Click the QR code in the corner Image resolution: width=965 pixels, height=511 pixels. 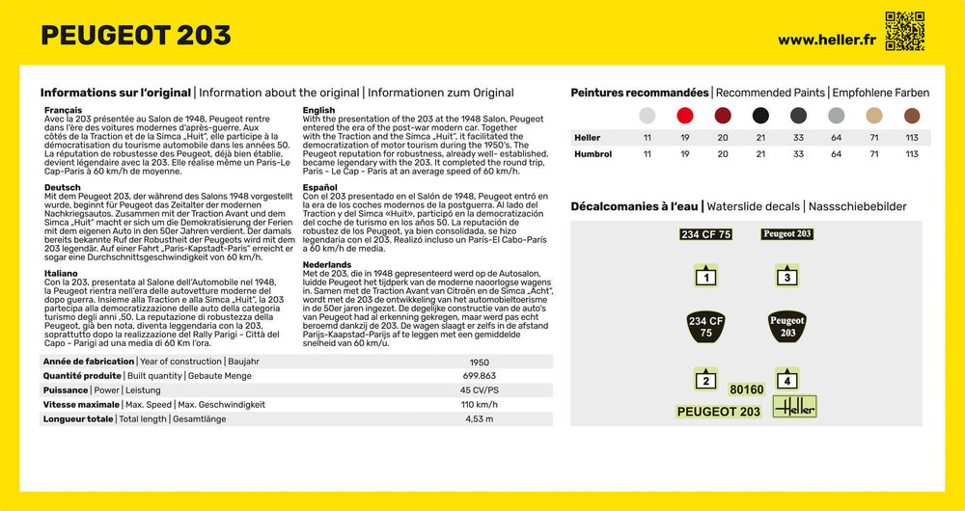(905, 31)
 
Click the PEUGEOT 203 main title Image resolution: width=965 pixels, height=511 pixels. (136, 36)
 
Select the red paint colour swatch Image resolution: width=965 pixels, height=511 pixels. (685, 116)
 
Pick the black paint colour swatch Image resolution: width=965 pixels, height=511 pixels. (760, 116)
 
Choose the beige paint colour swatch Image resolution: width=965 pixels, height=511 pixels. (874, 116)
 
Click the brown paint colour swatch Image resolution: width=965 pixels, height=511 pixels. (912, 116)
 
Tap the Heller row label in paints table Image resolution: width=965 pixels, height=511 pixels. (587, 138)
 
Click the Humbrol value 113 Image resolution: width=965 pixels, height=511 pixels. (912, 154)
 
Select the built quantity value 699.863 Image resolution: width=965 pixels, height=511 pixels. (479, 376)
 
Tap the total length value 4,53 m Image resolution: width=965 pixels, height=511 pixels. (479, 419)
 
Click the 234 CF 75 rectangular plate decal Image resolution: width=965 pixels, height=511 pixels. (705, 234)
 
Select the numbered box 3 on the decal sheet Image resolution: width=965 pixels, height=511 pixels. (787, 277)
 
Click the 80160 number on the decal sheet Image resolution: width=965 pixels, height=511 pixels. (746, 390)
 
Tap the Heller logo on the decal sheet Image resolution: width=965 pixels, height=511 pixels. (795, 407)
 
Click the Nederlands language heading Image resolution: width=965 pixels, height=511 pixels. (327, 264)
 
